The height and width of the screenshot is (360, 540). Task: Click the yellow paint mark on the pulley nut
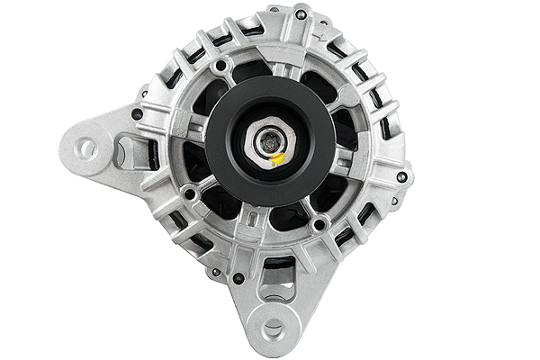pos(278,158)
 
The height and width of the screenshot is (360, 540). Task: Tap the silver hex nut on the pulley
pos(270,142)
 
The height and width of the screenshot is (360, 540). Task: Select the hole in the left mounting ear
pos(87,147)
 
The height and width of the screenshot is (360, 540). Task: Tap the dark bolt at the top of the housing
pos(300,14)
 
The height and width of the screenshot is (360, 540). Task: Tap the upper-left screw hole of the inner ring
pos(220,66)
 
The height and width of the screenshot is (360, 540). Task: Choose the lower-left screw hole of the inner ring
pos(189,193)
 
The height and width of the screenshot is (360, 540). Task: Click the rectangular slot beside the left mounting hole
pos(120,153)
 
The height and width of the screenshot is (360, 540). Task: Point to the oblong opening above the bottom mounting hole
pos(277,267)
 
